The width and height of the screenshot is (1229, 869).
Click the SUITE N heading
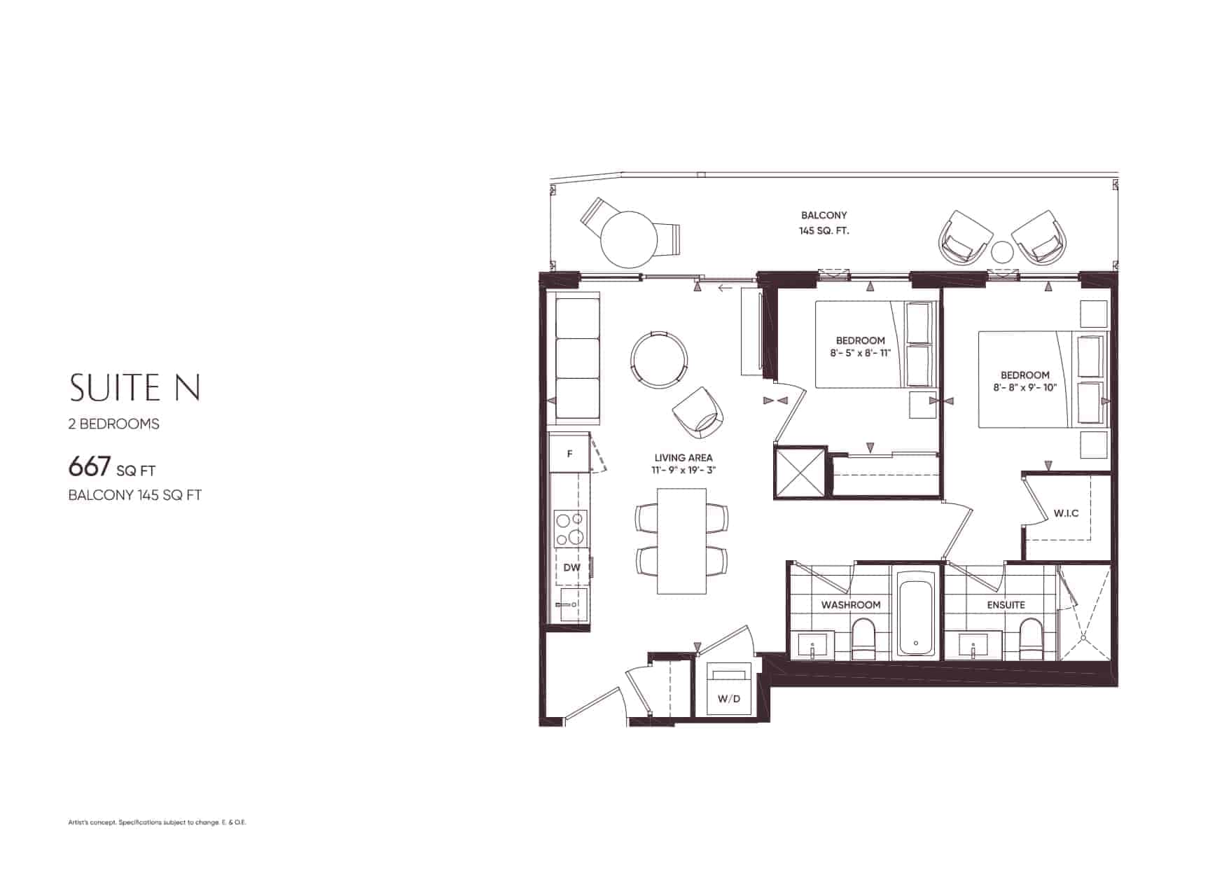(135, 388)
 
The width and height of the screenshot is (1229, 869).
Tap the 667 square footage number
(90, 466)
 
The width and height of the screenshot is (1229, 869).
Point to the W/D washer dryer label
(729, 699)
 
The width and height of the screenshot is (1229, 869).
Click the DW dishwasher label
(571, 567)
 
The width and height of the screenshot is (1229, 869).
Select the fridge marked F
(570, 453)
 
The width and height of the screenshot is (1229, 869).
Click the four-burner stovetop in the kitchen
(571, 529)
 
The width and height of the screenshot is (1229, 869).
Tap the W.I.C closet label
(1066, 513)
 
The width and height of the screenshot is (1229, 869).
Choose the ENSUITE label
(1006, 604)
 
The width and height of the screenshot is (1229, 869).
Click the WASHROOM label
(851, 604)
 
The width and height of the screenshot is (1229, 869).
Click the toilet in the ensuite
(1031, 639)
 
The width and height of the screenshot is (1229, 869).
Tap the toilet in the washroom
(864, 639)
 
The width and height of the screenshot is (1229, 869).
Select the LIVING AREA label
(683, 458)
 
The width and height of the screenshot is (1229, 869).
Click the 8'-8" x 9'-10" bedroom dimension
(1025, 387)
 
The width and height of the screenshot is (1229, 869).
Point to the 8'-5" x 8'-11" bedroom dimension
(860, 353)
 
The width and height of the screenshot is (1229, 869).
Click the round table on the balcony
(629, 239)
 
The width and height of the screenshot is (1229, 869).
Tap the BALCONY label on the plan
(824, 215)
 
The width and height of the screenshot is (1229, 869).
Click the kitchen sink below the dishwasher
(571, 605)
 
